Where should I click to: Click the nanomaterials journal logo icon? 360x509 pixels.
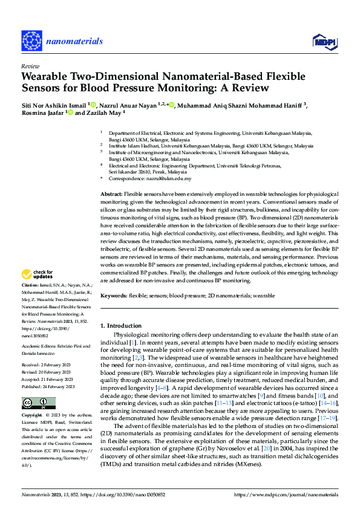pyautogui.click(x=32, y=41)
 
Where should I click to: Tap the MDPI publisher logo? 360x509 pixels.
pyautogui.click(x=324, y=41)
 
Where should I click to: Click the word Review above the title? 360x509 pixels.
pyautogui.click(x=30, y=66)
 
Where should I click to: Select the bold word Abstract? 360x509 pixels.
pyautogui.click(x=111, y=192)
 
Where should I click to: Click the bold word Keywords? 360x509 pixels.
pyautogui.click(x=113, y=296)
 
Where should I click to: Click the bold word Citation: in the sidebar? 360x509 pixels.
pyautogui.click(x=30, y=284)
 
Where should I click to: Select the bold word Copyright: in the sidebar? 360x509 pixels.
pyautogui.click(x=31, y=417)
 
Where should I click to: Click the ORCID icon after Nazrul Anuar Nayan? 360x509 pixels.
pyautogui.click(x=172, y=105)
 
